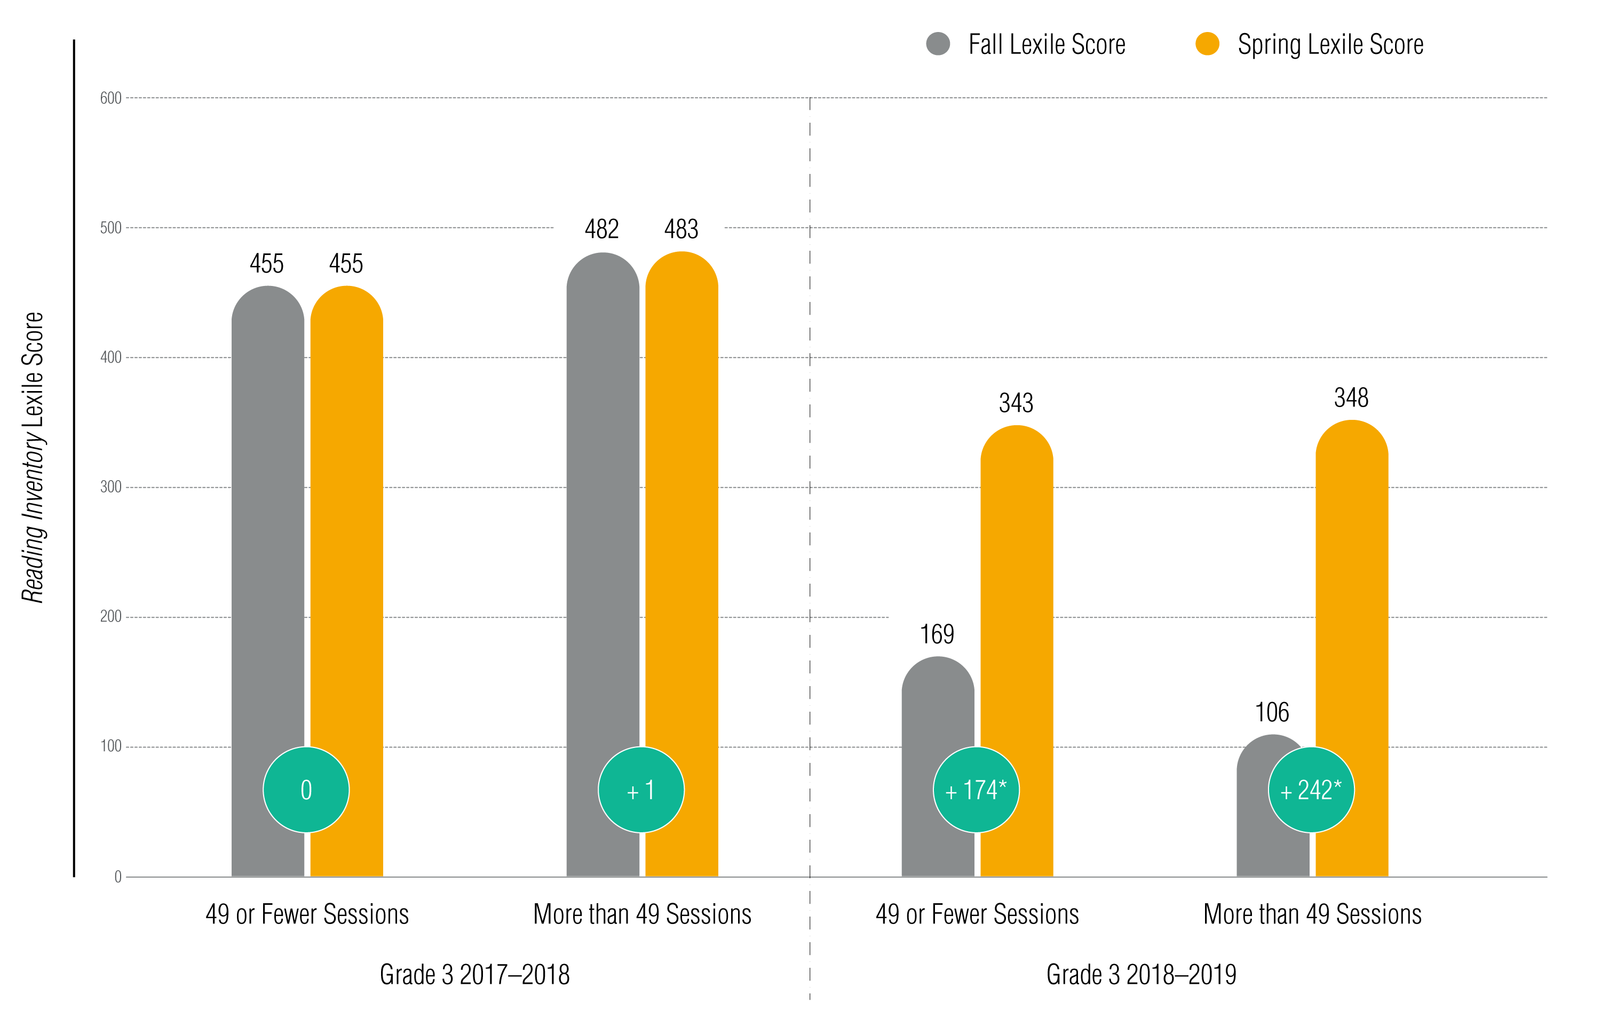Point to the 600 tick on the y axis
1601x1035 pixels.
tap(111, 98)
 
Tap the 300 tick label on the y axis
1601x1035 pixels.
tap(111, 487)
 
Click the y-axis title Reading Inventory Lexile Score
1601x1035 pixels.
tap(32, 457)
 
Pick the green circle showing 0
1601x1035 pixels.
tap(306, 790)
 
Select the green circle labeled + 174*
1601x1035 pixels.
tap(976, 790)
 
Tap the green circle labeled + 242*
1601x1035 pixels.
tap(1311, 790)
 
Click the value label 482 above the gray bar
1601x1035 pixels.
tap(601, 229)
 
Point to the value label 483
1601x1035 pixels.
tap(681, 229)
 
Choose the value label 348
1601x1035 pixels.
tap(1351, 397)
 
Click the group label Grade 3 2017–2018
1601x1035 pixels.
tap(474, 974)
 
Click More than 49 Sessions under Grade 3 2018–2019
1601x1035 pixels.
tap(1312, 914)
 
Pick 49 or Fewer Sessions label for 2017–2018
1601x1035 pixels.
tap(307, 914)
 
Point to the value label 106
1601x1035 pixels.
tap(1272, 712)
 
